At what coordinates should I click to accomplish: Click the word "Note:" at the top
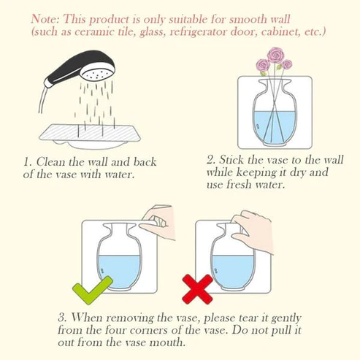coord(47,19)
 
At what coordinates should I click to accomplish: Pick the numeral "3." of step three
coord(64,318)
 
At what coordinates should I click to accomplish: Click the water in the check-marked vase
coord(120,269)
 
